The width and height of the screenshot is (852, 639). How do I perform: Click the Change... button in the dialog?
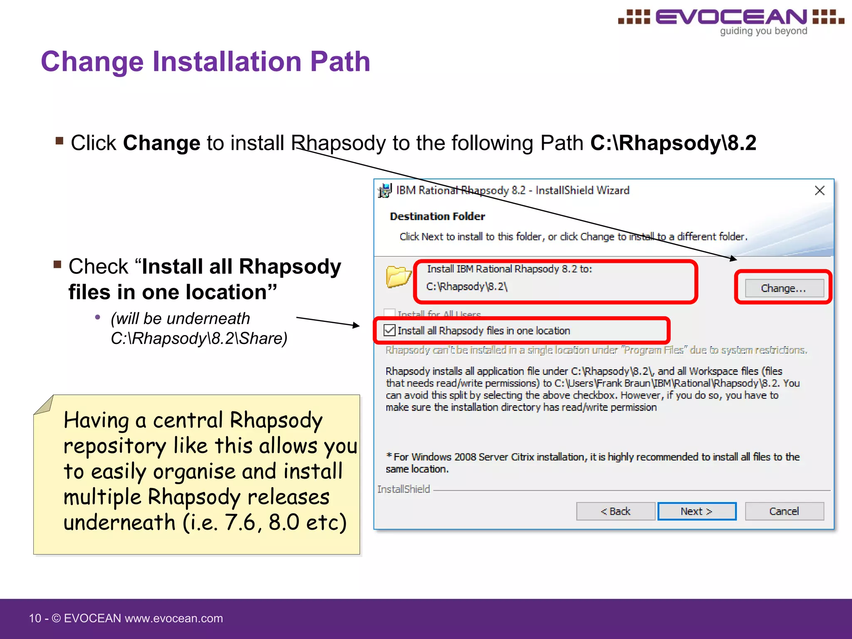[x=784, y=288]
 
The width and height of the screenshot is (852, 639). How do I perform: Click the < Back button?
[x=615, y=511]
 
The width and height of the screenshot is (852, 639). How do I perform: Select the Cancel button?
[x=784, y=511]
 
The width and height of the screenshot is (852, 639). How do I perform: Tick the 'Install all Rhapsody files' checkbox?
[x=390, y=331]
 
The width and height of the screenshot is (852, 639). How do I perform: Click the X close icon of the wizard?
[x=820, y=191]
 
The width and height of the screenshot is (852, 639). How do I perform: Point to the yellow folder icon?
[x=398, y=277]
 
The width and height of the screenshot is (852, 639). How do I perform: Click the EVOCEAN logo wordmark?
[x=731, y=17]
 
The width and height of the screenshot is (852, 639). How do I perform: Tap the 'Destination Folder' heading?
[x=437, y=216]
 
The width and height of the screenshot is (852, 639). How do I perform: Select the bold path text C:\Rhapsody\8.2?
[x=673, y=143]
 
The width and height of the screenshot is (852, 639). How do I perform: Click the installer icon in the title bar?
[x=385, y=191]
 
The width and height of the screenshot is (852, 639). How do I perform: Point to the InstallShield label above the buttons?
[x=404, y=489]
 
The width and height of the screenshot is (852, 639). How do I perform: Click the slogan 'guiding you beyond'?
[x=763, y=31]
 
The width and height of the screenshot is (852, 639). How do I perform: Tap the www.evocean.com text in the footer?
[x=174, y=618]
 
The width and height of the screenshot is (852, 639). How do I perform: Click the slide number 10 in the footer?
[x=35, y=618]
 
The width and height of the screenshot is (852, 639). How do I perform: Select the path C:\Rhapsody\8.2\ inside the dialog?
[x=467, y=287]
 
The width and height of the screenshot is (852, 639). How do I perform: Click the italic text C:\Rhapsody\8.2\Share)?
[x=199, y=339]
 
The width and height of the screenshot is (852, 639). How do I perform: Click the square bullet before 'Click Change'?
[x=59, y=141]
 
